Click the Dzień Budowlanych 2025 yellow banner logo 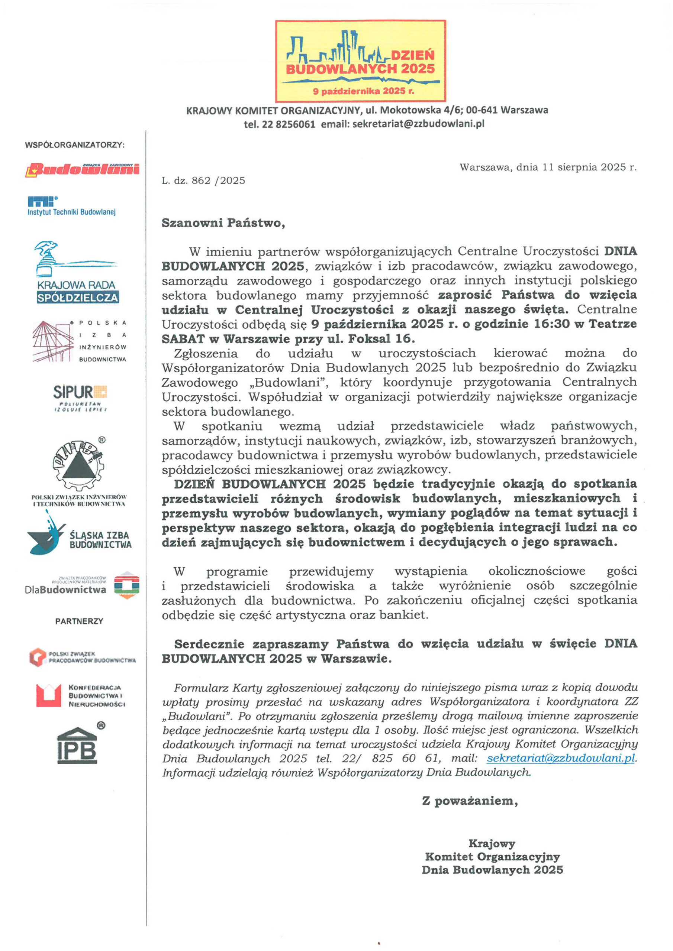(360, 61)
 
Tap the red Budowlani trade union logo (83, 169)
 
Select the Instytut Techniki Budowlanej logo (71, 206)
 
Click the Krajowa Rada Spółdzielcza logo (77, 273)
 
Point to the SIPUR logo (80, 397)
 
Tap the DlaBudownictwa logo (82, 585)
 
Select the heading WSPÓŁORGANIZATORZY (75, 145)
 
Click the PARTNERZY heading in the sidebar (79, 621)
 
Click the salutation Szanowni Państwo (223, 223)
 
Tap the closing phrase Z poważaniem (470, 801)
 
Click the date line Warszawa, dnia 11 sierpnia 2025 (548, 167)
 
